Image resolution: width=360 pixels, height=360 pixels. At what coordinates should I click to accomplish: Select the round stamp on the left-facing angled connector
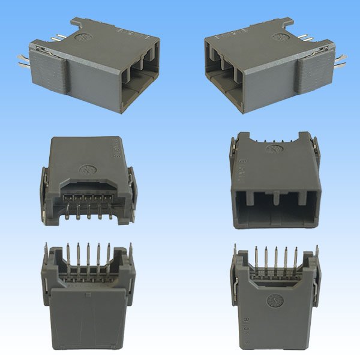[x=279, y=37]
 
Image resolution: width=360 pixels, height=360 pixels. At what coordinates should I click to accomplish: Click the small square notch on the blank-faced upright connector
[x=88, y=295]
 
